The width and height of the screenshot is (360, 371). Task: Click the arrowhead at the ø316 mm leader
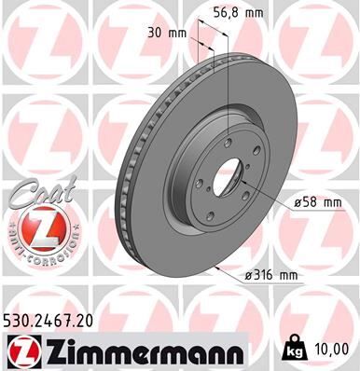pyautogui.click(x=221, y=271)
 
